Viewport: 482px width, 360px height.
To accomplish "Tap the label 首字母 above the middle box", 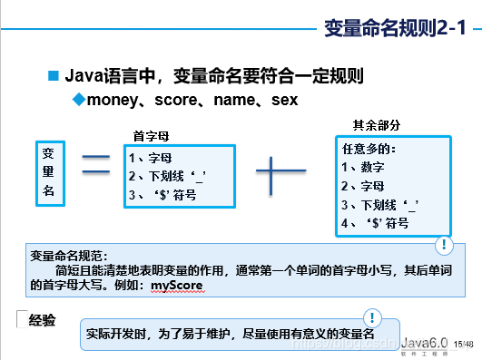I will click(152, 136).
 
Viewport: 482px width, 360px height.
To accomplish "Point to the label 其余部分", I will click(376, 124).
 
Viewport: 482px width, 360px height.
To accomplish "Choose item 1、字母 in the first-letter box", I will click(151, 157).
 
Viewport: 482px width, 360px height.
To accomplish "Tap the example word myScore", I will click(177, 286).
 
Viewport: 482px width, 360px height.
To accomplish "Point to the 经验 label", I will click(42, 319).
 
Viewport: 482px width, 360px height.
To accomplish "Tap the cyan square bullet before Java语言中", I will click(53, 75).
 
